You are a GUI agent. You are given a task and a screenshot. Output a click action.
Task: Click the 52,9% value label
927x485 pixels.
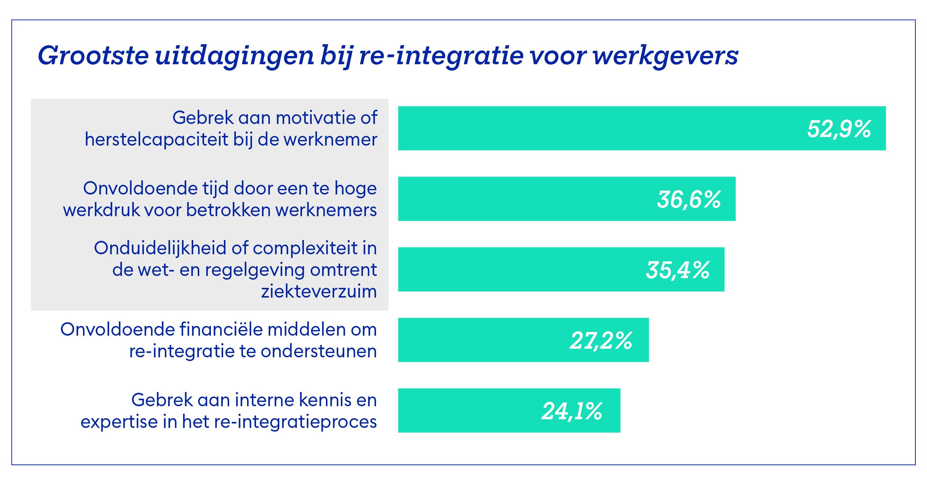839,129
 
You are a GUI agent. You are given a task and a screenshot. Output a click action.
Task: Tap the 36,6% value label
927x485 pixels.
689,199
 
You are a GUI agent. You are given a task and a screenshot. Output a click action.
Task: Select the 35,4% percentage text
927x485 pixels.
677,270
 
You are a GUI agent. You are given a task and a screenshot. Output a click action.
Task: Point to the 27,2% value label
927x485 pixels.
601,341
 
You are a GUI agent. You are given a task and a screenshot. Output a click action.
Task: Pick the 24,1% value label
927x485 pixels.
572,411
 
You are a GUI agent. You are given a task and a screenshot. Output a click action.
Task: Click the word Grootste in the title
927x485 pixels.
93,56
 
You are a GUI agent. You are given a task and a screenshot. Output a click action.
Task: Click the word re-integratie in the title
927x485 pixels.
441,56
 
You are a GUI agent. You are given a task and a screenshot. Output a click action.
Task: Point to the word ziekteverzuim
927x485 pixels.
319,291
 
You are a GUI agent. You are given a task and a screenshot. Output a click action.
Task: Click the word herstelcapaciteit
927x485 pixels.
157,140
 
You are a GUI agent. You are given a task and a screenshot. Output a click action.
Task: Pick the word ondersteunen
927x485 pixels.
318,351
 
